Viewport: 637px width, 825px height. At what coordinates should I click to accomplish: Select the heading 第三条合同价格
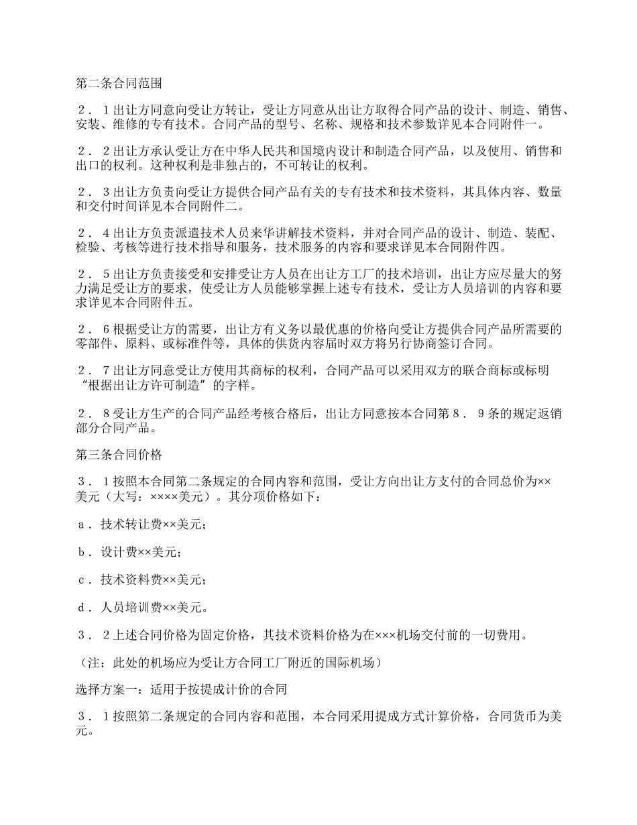click(118, 454)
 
